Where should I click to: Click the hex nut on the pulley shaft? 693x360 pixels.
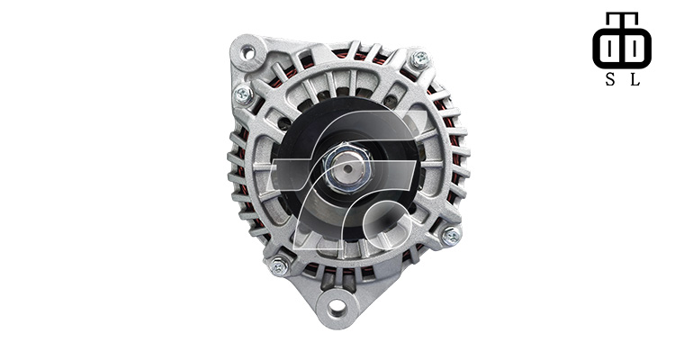click(347, 168)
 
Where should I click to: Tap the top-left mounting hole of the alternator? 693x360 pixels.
click(247, 52)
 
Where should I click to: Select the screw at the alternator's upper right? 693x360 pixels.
click(419, 59)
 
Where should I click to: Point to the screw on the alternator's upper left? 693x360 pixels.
click(243, 94)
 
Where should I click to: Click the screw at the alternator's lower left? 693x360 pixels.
click(279, 265)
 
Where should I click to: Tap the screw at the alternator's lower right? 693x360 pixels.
click(451, 236)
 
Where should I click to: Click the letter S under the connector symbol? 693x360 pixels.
click(610, 79)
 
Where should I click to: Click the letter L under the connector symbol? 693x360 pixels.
click(634, 79)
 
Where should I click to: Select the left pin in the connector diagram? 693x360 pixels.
click(610, 48)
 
